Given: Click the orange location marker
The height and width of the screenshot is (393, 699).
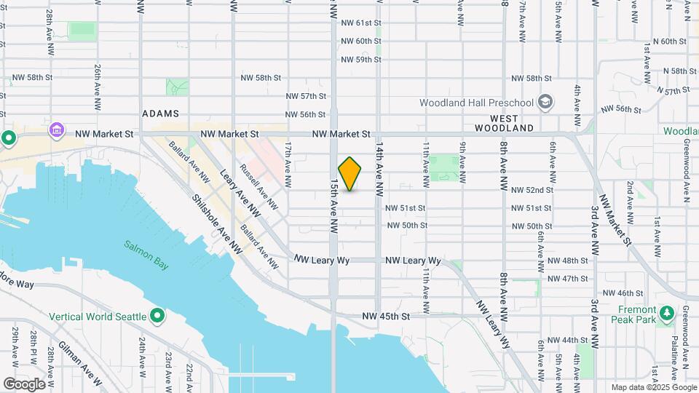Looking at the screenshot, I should click(x=349, y=174).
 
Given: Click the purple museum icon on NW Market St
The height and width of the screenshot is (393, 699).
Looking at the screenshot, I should click(x=56, y=131).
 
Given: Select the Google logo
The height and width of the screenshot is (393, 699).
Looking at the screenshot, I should click(x=24, y=384).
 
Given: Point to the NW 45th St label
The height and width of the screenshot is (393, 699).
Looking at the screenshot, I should click(x=387, y=317).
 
